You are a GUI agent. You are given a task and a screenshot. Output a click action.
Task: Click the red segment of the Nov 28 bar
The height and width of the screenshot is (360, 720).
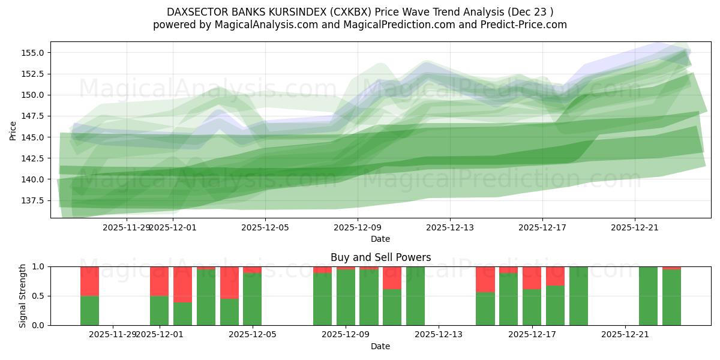[89, 281]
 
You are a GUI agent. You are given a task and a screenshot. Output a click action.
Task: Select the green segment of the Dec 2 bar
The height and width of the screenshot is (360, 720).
[182, 313]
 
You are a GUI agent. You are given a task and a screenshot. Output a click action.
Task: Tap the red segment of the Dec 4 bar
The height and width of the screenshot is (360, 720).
[229, 282]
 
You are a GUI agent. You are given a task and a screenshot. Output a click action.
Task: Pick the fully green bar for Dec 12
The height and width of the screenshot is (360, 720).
[415, 296]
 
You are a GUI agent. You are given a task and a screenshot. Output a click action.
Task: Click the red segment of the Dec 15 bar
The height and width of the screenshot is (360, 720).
[485, 279]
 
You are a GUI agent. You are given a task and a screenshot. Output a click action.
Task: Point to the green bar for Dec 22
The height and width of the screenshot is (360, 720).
[648, 296]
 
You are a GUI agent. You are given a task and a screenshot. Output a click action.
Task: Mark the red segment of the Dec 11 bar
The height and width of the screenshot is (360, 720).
[392, 278]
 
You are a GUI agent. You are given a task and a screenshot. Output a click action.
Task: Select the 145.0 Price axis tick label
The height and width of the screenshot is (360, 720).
[34, 137]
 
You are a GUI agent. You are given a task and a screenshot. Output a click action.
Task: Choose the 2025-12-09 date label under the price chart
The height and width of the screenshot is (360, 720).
[358, 227]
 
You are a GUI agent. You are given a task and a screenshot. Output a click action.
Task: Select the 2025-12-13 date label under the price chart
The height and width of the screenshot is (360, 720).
[450, 227]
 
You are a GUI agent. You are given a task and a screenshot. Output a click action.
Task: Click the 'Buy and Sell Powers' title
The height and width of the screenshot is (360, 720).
[380, 257]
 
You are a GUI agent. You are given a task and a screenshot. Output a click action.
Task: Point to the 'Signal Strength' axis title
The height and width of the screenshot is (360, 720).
[23, 296]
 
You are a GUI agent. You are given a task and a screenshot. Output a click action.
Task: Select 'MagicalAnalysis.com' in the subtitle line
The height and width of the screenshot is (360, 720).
[262, 25]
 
